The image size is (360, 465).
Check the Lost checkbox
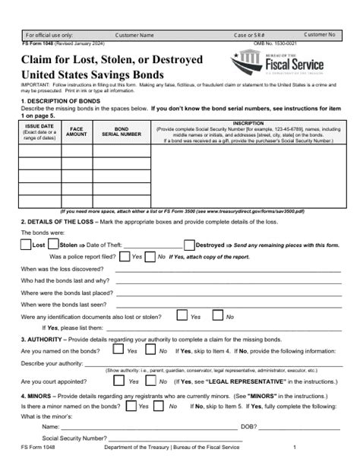click(25, 245)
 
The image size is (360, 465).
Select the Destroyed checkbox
click(189, 245)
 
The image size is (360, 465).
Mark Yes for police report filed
click(124, 257)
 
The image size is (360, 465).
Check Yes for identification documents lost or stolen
click(182, 316)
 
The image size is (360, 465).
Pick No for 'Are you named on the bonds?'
click(150, 351)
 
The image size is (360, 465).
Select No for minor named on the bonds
click(169, 407)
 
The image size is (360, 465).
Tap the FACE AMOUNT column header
click(77, 130)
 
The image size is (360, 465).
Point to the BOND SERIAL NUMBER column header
click(122, 130)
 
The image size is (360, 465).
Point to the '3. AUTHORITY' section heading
click(46, 337)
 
